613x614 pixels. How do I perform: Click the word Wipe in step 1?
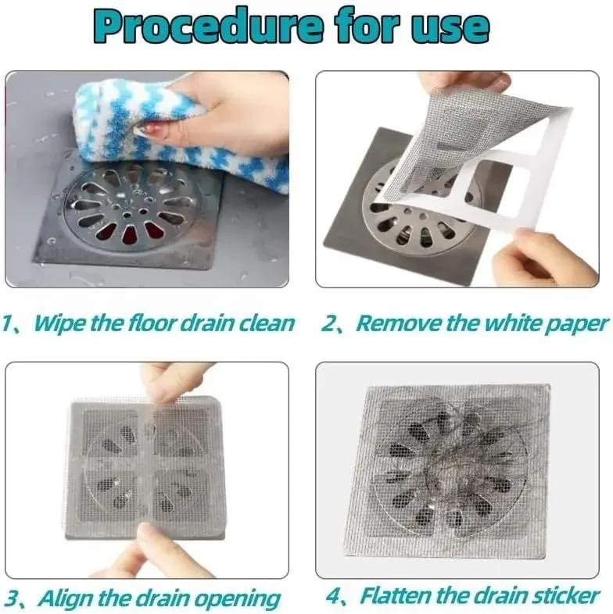coord(64,323)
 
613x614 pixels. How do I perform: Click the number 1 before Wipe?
coord(9,323)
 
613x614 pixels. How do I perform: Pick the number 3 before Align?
coord(12,598)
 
